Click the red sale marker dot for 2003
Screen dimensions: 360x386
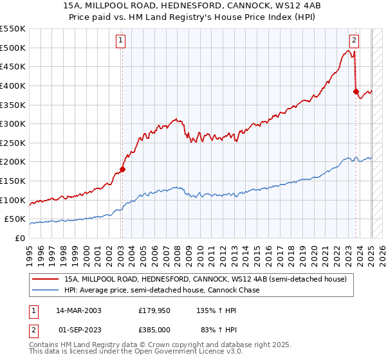(122, 170)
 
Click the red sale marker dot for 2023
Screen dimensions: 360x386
(356, 91)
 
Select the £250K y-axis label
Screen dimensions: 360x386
(13, 143)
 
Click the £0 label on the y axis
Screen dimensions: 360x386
(19, 238)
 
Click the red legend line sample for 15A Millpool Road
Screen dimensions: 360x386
(46, 279)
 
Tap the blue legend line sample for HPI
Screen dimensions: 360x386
(46, 290)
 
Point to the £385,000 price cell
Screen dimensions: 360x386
(154, 329)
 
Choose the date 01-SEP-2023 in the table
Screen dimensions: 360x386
(78, 329)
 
